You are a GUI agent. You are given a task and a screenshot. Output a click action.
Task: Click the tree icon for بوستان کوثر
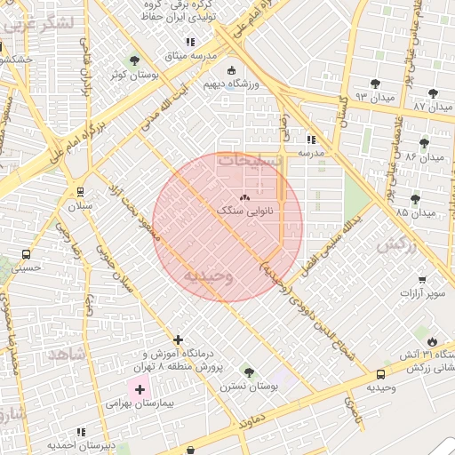coord(134,61)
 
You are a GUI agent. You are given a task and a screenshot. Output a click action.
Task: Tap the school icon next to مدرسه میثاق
coord(189,42)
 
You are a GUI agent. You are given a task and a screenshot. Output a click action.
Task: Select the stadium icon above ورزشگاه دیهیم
coord(232,70)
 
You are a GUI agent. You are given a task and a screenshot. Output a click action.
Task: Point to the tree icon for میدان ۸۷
coord(433,92)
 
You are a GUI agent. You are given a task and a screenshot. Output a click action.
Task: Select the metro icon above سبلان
coord(81,191)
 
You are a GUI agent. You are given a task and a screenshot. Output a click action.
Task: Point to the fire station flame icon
coord(433,341)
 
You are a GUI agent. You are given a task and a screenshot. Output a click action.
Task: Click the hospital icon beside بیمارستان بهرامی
coord(140,389)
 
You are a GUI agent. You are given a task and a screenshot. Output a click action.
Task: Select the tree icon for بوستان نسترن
coord(248,372)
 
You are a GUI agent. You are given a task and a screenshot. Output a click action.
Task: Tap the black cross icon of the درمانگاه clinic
coord(179,339)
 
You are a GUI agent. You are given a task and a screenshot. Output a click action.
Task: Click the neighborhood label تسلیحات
coord(249,161)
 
